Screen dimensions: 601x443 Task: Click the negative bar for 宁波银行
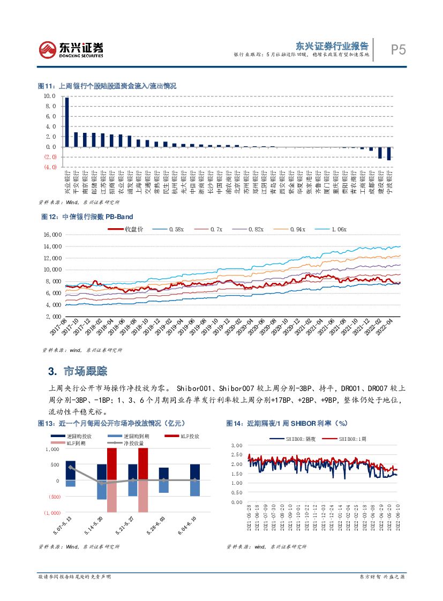coord(389,153)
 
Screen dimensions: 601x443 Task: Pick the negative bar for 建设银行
coord(380,153)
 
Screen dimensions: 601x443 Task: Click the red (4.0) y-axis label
coord(50,167)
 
